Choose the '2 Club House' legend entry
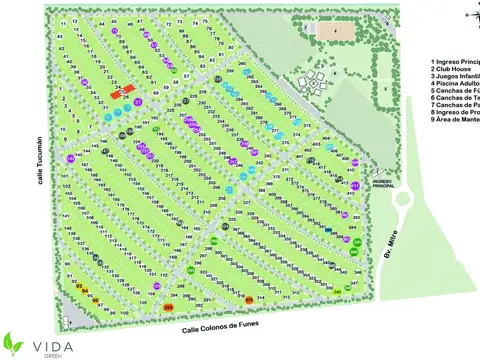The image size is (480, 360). coord(451,70)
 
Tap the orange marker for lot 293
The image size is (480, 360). coord(168,308)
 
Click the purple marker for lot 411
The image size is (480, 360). coord(355,185)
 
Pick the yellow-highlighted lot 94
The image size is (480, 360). coord(84,291)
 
